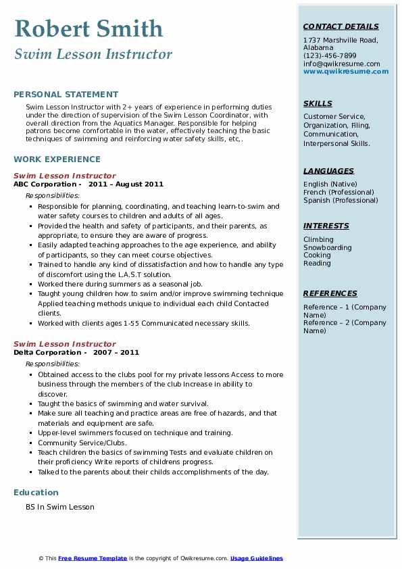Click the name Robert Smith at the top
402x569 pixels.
pos(89,29)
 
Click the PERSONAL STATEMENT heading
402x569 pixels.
pos(66,95)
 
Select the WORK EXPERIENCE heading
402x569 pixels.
pos(57,159)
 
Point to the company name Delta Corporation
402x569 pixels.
pos(47,352)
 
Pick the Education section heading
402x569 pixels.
pos(36,492)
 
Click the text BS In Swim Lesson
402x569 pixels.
pos(60,507)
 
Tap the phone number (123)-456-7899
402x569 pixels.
pos(330,56)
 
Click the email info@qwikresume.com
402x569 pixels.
pos(341,64)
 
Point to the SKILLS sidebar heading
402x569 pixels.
pos(318,103)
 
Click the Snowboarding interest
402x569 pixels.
pos(327,247)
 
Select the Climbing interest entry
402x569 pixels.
pos(318,239)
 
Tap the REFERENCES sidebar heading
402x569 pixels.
pos(330,293)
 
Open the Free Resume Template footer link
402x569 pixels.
pos(93,558)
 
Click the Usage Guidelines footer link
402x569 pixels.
pos(257,558)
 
